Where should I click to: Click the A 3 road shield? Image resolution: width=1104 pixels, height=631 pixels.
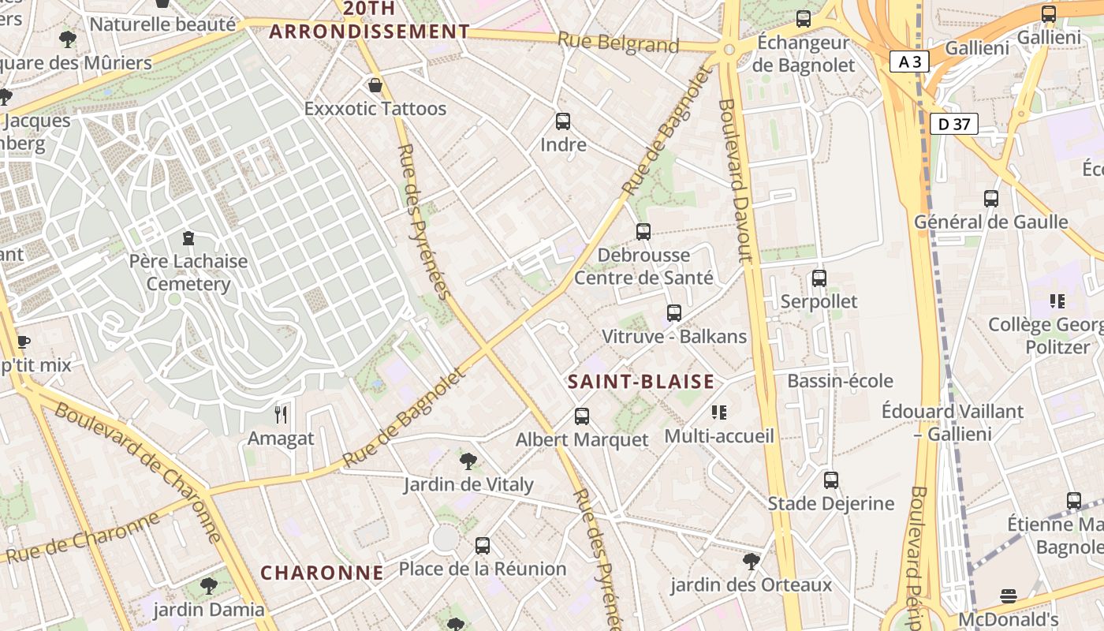tap(909, 62)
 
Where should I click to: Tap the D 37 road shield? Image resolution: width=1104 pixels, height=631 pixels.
tap(953, 124)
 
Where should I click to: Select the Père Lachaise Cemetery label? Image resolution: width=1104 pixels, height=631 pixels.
tap(188, 272)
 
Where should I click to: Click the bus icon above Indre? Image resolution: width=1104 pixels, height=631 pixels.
tap(563, 121)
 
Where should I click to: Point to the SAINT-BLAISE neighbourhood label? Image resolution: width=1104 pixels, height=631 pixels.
tap(641, 382)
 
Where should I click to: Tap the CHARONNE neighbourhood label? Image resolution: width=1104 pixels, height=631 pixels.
tap(322, 573)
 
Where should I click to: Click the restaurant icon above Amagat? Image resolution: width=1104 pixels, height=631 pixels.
tap(281, 415)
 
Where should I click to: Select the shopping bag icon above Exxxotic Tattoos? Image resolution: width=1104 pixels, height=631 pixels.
tap(375, 85)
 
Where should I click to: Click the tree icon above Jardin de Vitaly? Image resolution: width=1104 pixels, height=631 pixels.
tap(468, 461)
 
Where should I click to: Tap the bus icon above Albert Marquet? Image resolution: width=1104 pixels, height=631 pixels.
tap(582, 416)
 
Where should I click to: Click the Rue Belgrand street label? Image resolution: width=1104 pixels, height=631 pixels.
tap(618, 43)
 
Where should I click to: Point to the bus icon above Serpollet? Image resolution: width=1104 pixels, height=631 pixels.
tap(819, 278)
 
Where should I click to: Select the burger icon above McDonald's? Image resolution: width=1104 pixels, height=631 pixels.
tap(1009, 596)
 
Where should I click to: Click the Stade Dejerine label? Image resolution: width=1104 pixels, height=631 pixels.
tap(831, 503)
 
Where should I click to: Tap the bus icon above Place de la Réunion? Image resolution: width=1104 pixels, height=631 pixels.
tap(483, 546)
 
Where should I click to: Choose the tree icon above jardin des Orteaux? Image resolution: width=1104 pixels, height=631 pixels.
tap(752, 562)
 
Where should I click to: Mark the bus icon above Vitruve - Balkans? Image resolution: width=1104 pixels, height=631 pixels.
tap(674, 313)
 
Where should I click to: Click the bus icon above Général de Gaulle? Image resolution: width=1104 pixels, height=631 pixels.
tap(991, 199)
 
